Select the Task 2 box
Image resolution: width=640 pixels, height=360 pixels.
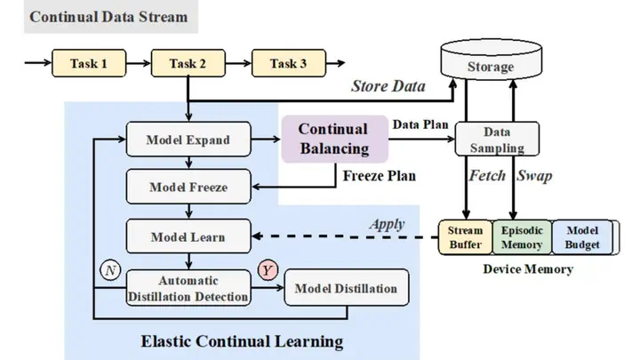188,63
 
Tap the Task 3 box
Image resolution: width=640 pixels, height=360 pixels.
288,63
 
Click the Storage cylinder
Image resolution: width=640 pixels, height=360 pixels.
491,67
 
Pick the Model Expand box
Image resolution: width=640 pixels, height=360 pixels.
188,140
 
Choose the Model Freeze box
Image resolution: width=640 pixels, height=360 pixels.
188,188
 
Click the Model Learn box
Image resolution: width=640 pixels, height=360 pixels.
188,236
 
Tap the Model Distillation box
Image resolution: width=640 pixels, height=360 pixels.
346,289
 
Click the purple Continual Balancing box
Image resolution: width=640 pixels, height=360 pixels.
333,140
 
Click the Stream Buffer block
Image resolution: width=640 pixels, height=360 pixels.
464,237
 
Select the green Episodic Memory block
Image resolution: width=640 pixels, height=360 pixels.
522,237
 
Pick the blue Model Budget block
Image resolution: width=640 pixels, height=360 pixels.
583,237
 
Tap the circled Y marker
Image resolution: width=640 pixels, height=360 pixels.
268,269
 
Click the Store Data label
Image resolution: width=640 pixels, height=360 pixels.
388,86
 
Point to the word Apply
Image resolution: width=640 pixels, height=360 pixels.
388,224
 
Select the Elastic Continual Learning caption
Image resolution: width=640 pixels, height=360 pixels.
242,340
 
